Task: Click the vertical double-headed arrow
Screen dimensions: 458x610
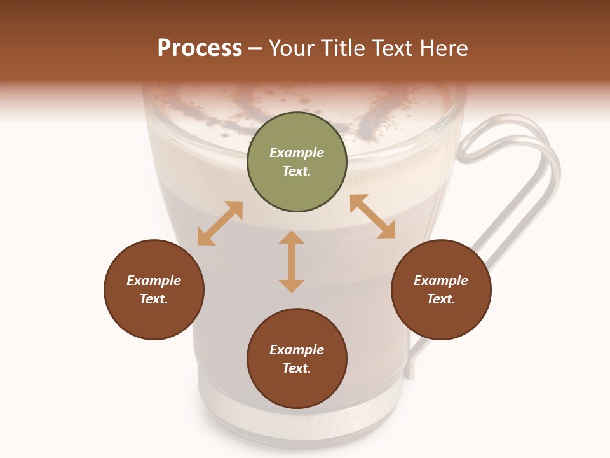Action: (x=292, y=261)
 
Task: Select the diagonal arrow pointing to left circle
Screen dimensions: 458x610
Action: (x=220, y=223)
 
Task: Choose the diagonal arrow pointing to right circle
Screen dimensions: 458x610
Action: (x=372, y=216)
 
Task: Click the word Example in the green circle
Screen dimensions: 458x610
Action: (x=297, y=153)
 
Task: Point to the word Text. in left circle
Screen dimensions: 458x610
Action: (x=154, y=299)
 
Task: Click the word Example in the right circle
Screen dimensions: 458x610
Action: (x=441, y=281)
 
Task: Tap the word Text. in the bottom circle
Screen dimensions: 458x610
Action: (x=297, y=368)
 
